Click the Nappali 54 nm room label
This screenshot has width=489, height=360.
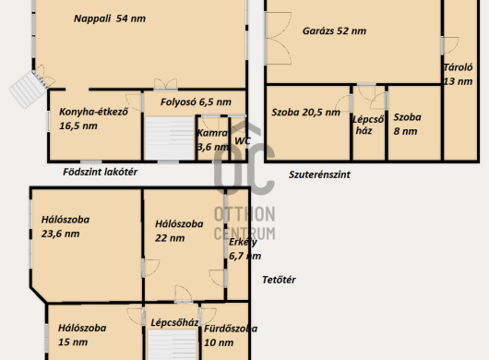pyautogui.click(x=110, y=18)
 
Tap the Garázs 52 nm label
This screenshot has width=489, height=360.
pyautogui.click(x=334, y=30)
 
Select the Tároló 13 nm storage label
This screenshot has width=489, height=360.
pyautogui.click(x=458, y=74)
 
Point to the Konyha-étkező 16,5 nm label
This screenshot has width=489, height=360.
pyautogui.click(x=93, y=118)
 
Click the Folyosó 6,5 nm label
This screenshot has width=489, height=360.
pyautogui.click(x=196, y=102)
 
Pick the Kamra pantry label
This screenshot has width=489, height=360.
pyautogui.click(x=213, y=139)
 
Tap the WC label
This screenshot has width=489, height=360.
pyautogui.click(x=243, y=140)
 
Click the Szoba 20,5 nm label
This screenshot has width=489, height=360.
pyautogui.click(x=305, y=113)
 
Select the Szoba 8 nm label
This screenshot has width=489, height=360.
pyautogui.click(x=407, y=124)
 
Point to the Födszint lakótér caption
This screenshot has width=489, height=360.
pyautogui.click(x=101, y=172)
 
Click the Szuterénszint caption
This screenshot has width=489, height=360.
pyautogui.click(x=319, y=174)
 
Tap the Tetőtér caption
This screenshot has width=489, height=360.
pyautogui.click(x=279, y=280)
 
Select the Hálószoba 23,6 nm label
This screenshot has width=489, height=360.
pyautogui.click(x=66, y=226)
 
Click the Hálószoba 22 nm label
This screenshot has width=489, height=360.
pyautogui.click(x=179, y=231)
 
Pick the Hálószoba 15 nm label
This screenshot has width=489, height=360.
pyautogui.click(x=82, y=335)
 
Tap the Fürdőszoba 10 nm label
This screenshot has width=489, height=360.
pyautogui.click(x=231, y=335)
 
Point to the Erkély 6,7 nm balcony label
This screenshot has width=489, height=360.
pyautogui.click(x=244, y=248)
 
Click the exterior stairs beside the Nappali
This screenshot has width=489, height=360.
pyautogui.click(x=29, y=89)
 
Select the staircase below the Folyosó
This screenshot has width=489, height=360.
pyautogui.click(x=171, y=138)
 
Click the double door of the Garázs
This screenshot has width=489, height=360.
pyautogui.click(x=278, y=39)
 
